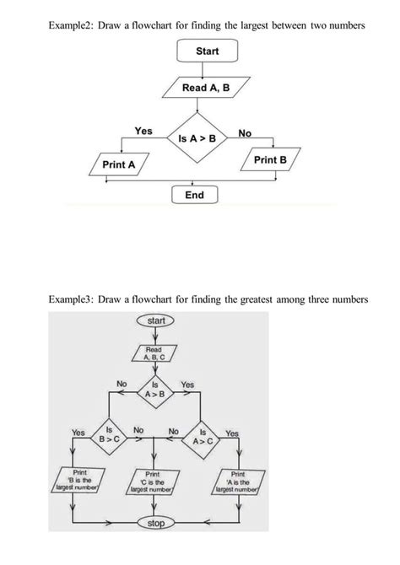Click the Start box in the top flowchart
click(x=207, y=51)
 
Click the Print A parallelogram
click(x=118, y=164)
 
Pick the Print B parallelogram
click(x=270, y=159)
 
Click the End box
click(x=194, y=195)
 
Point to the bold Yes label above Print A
click(x=143, y=131)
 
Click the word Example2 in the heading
click(x=70, y=26)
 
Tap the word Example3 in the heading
click(x=72, y=299)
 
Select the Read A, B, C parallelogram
click(x=154, y=352)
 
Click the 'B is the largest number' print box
click(x=78, y=482)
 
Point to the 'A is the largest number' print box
click(x=240, y=482)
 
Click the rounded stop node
click(x=155, y=524)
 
